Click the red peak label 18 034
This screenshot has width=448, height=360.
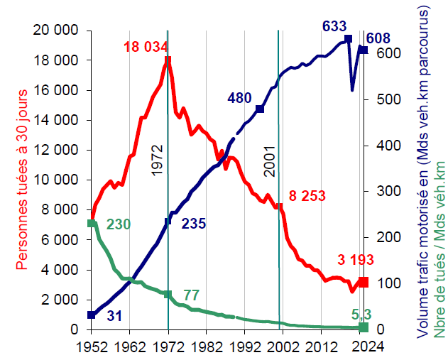point(145,48)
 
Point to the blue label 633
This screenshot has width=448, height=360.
point(334,26)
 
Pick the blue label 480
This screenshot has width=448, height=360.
point(241,98)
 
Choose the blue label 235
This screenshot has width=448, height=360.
point(193,224)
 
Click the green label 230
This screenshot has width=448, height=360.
point(119,224)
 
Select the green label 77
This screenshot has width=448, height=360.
point(192,295)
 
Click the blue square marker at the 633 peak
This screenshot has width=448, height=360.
point(348,38)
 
